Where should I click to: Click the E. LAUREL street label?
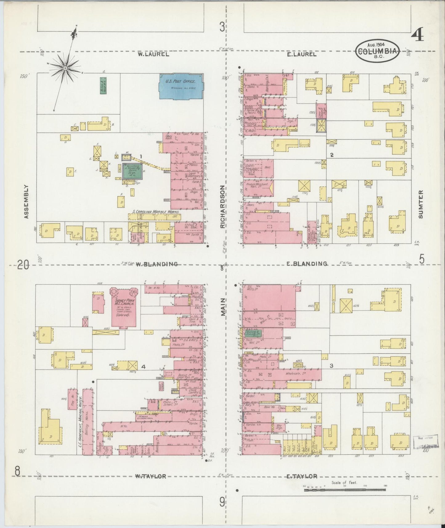point(301,54)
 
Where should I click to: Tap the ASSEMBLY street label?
point(26,201)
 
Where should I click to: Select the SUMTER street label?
point(421,204)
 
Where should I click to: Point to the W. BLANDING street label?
point(157,264)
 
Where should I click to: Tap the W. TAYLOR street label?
point(151,476)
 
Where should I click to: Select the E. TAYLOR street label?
point(301,476)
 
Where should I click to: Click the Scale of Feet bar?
point(345,489)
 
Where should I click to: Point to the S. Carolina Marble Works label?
point(156,212)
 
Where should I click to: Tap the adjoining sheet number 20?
point(23,265)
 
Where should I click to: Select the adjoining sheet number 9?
point(222,502)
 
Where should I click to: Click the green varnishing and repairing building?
point(133,171)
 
